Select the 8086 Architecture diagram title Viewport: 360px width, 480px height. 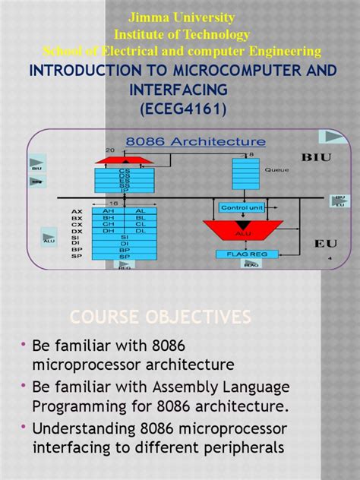click(x=195, y=141)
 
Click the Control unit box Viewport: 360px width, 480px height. click(x=241, y=207)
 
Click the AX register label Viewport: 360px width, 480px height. click(x=77, y=210)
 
